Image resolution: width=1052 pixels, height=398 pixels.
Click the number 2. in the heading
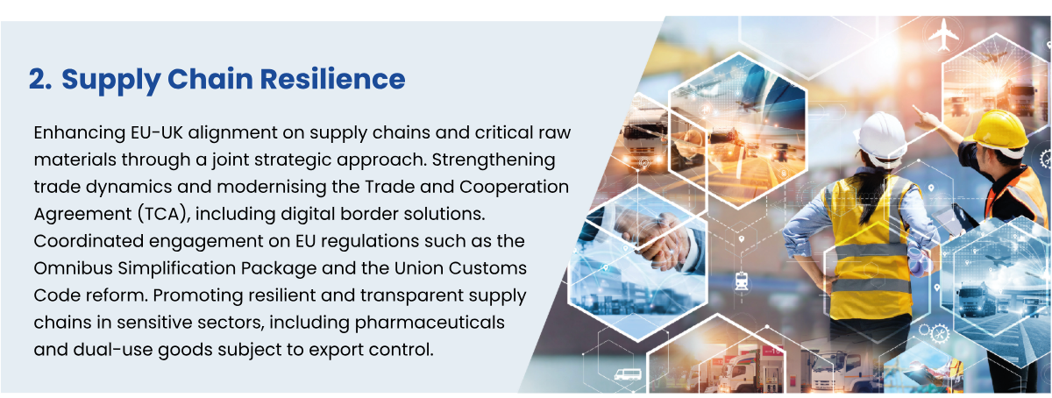click(40, 79)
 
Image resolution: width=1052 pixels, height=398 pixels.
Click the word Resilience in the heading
click(332, 79)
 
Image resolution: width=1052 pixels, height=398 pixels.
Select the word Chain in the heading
click(210, 79)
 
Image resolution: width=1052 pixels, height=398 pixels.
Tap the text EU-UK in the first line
click(156, 132)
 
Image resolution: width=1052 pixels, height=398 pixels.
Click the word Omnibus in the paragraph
click(73, 268)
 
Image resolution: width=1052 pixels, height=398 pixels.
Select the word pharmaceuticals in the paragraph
click(430, 323)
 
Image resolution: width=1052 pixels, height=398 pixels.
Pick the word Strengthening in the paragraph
click(494, 160)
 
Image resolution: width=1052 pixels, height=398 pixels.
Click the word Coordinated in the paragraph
click(89, 241)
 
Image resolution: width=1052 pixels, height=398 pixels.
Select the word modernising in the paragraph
click(272, 188)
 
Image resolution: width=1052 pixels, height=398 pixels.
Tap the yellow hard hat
click(1001, 131)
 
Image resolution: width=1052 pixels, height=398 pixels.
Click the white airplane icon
click(943, 33)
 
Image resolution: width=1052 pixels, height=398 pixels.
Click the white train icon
click(742, 281)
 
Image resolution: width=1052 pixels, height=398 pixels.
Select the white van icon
click(628, 374)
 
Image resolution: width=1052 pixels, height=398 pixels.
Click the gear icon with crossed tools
click(940, 334)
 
